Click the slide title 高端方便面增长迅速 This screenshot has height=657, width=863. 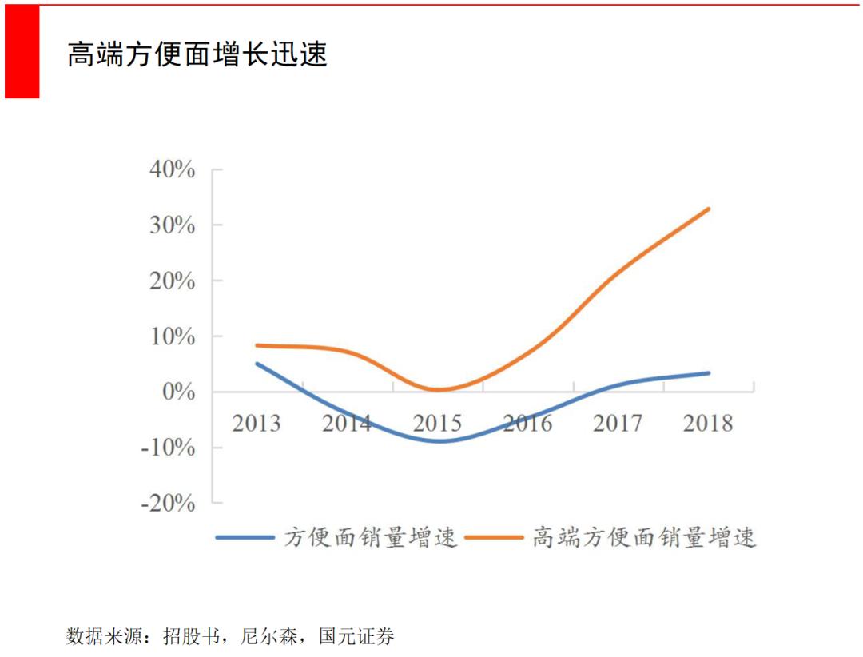pyautogui.click(x=197, y=54)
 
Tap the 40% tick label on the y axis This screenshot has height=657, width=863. pyautogui.click(x=171, y=169)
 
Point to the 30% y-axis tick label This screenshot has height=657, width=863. pyautogui.click(x=171, y=225)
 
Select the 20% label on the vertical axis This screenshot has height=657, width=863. pyautogui.click(x=171, y=281)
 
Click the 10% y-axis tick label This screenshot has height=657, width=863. pyautogui.click(x=171, y=336)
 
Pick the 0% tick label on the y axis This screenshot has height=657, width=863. pyautogui.click(x=177, y=392)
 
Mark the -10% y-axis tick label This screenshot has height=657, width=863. pyautogui.click(x=168, y=448)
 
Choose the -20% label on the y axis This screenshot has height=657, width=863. pyautogui.click(x=168, y=503)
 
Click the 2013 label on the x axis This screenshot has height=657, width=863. pyautogui.click(x=257, y=423)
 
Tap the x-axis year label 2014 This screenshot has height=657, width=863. pyautogui.click(x=347, y=423)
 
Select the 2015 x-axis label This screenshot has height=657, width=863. pyautogui.click(x=437, y=423)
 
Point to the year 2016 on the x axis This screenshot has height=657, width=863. pyautogui.click(x=527, y=423)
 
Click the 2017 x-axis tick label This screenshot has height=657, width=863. pyautogui.click(x=618, y=423)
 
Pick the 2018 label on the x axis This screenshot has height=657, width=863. pyautogui.click(x=708, y=423)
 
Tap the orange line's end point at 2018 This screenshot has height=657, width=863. pyautogui.click(x=709, y=209)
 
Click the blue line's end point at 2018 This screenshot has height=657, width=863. pyautogui.click(x=709, y=373)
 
